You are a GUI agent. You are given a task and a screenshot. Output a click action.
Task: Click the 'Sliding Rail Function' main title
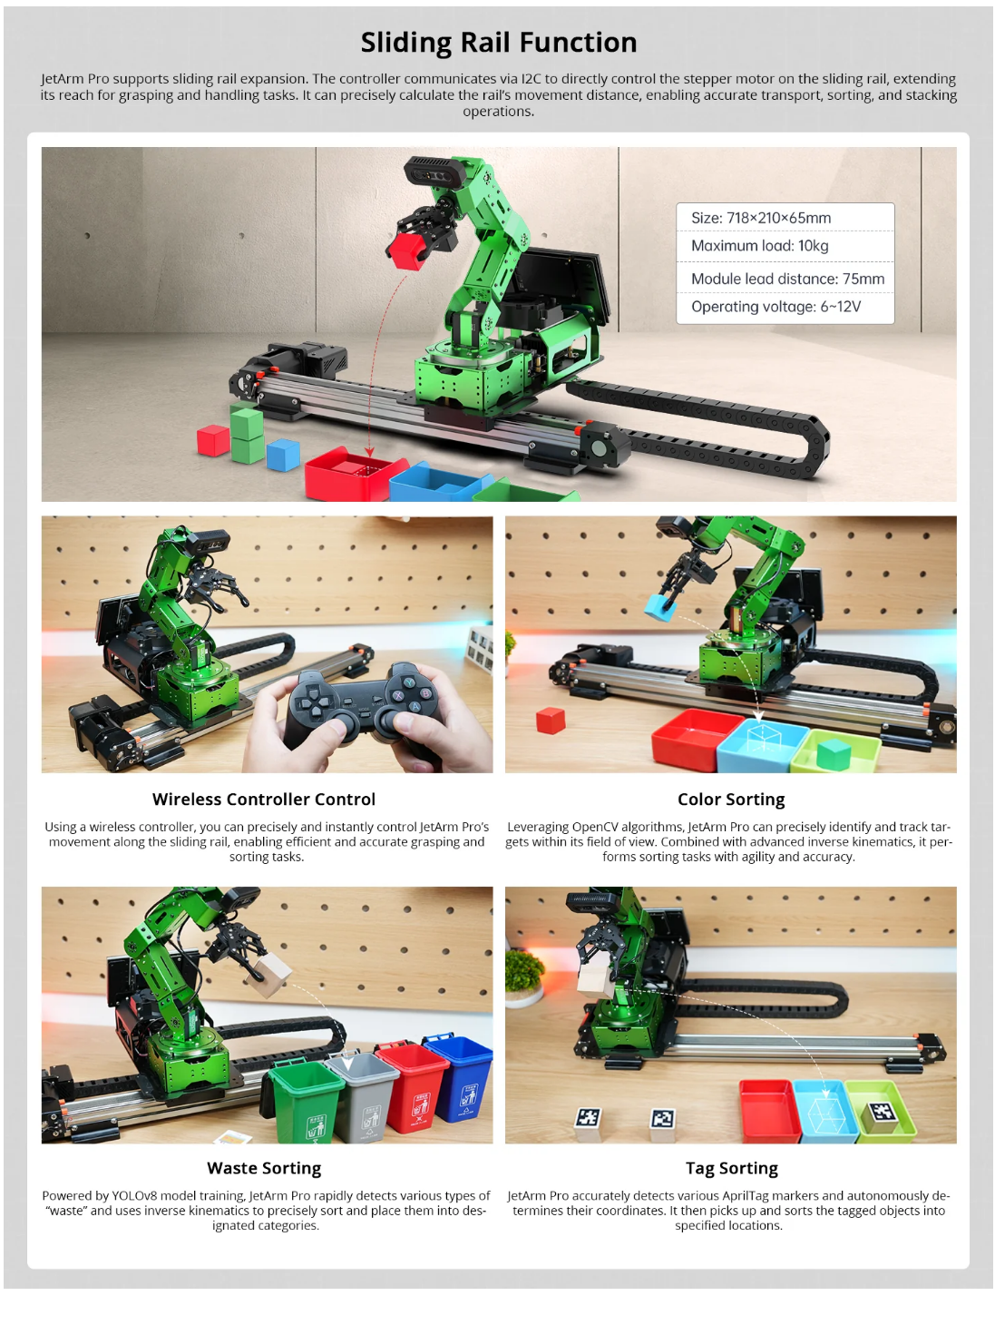tap(499, 43)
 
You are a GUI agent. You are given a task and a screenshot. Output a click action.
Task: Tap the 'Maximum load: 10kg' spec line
tap(759, 246)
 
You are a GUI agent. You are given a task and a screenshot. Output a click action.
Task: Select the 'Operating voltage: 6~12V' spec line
tap(776, 307)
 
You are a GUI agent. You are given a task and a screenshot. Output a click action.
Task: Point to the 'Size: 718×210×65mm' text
tap(760, 218)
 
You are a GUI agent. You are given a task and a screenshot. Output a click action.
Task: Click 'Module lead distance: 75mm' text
tap(787, 279)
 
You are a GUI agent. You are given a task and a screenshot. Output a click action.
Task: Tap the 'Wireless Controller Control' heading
tap(264, 800)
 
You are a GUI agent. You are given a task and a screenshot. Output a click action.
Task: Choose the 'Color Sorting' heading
tap(731, 800)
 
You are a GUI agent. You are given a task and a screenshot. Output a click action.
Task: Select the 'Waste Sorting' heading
tap(264, 1168)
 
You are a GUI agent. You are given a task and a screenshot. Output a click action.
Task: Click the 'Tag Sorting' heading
tap(731, 1168)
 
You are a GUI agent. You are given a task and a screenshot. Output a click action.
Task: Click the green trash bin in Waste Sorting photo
tap(307, 1100)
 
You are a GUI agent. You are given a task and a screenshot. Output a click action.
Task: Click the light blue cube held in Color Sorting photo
tap(660, 607)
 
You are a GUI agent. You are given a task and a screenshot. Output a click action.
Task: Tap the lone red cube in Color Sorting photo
tap(551, 721)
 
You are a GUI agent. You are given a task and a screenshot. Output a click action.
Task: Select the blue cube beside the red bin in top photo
tap(283, 455)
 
